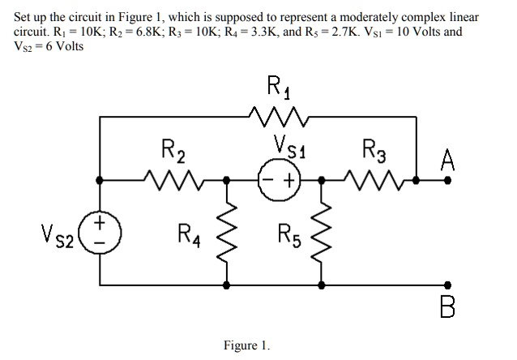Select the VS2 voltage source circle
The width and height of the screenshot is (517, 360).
(100, 229)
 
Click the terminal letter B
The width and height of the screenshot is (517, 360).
(446, 307)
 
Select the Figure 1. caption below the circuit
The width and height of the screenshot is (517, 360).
(248, 345)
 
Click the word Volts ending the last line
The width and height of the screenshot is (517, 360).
(66, 45)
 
